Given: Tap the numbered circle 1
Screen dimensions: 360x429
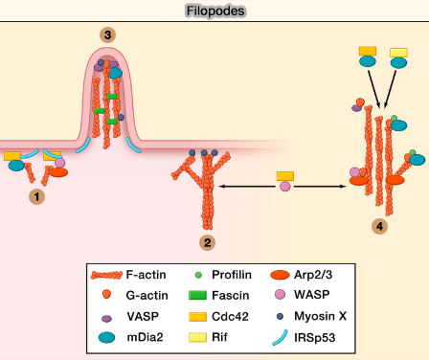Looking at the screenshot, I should pos(37,196).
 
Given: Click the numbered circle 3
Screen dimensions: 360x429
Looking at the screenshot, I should pos(109,35).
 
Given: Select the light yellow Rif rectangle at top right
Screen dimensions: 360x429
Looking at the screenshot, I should pos(398,51).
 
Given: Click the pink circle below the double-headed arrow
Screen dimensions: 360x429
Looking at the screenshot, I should pos(284,187).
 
